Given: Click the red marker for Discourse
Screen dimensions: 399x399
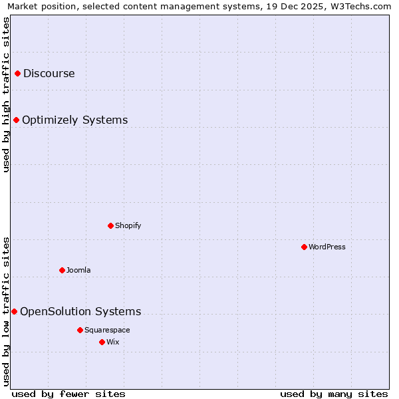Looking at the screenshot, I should click(x=18, y=74).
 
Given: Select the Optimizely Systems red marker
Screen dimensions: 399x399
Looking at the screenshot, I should click(x=17, y=120).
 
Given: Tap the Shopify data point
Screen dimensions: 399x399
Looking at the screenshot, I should click(x=111, y=226).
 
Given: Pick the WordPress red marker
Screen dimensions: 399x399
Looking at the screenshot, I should click(x=305, y=247).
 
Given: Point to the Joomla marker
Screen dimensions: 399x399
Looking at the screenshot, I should click(x=63, y=271).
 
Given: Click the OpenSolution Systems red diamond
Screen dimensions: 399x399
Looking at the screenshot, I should click(x=15, y=312).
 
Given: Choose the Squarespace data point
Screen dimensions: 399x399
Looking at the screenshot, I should click(x=80, y=331).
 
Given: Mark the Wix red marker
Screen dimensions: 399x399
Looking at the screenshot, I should click(x=102, y=342).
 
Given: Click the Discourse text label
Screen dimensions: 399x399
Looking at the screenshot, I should click(x=49, y=74).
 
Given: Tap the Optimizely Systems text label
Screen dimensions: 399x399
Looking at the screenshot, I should click(x=75, y=120).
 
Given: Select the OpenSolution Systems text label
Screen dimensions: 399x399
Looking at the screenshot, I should click(x=80, y=312).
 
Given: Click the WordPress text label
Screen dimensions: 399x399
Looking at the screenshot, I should click(x=327, y=247).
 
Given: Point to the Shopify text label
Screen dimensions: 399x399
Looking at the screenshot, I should click(x=128, y=226).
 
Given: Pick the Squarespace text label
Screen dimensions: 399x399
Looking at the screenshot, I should click(x=107, y=331).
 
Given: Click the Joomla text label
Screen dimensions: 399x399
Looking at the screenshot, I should click(x=78, y=271).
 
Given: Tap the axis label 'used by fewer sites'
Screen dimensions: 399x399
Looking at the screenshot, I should click(x=68, y=394).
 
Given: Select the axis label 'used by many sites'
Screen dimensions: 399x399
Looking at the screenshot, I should click(x=334, y=394).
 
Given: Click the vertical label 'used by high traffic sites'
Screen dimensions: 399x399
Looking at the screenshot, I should click(x=6, y=95).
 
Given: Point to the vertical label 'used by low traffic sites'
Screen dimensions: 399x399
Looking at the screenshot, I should click(x=6, y=311).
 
